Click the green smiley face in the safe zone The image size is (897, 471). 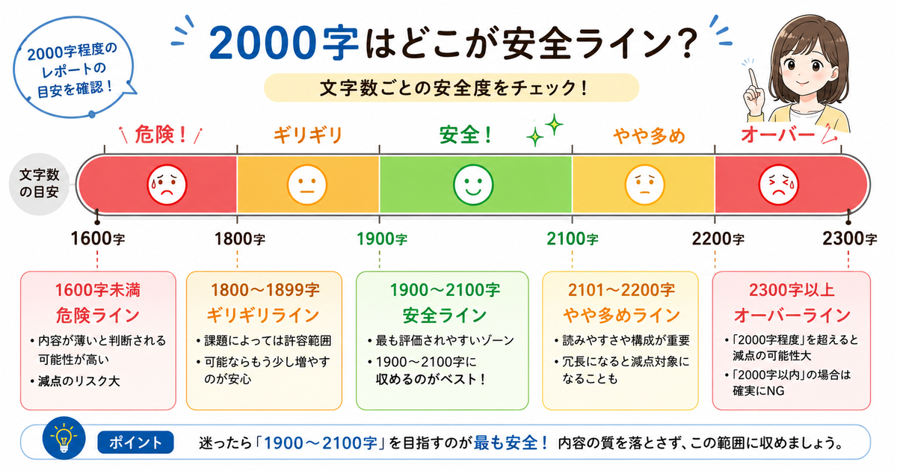coord(473,185)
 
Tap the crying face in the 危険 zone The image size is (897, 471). coord(167,185)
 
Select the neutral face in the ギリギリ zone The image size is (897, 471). coord(307,185)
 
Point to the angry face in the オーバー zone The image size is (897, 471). coord(778,185)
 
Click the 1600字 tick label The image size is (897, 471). coord(98,239)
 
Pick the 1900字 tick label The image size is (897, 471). coord(382,239)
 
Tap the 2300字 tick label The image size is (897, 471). coord(850,239)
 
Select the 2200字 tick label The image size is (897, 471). coord(718,239)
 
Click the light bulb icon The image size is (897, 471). coord(64,438)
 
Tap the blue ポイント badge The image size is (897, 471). coord(135,442)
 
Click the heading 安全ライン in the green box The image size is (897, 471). coord(445,315)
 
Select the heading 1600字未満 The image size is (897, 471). coord(98,290)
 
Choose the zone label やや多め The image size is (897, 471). coord(649,136)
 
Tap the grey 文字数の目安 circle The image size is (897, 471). coord(39,184)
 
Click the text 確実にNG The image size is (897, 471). coord(759,390)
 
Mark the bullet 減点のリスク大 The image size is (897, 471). coord(75,381)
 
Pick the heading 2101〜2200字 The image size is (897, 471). coord(621,290)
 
